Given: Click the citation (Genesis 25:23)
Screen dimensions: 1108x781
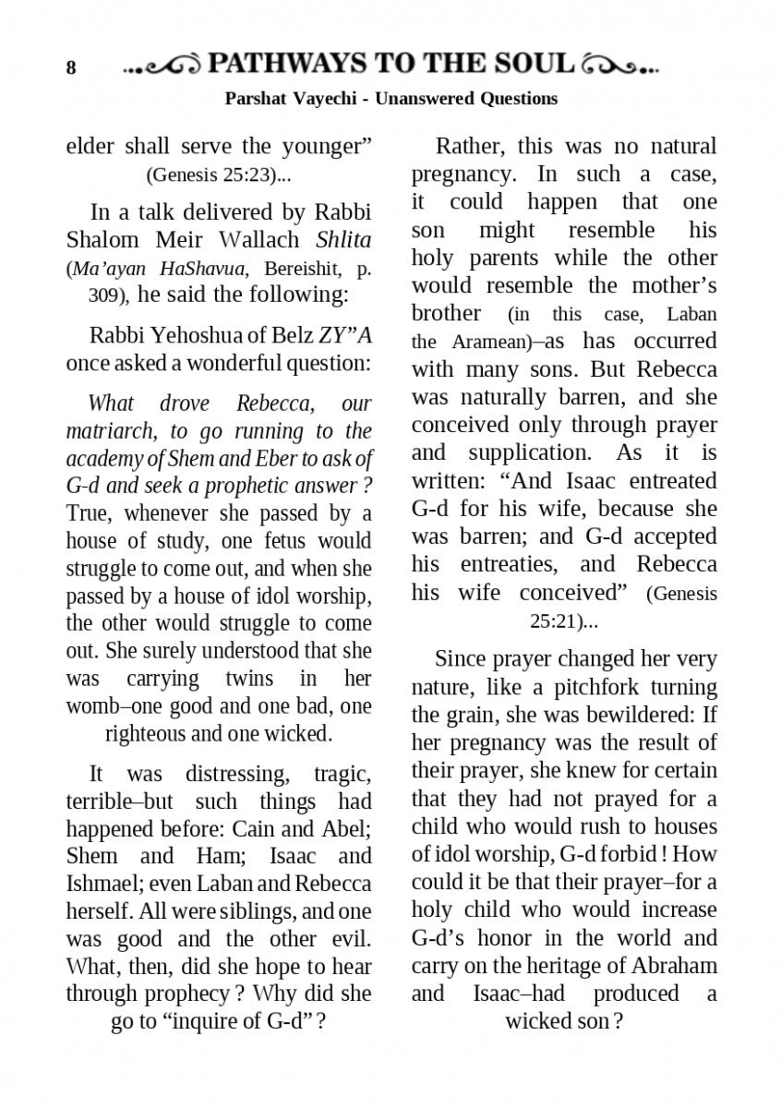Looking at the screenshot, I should tap(219, 174).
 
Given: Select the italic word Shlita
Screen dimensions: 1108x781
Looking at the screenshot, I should tap(343, 240).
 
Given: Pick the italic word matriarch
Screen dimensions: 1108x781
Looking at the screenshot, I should tap(111, 430).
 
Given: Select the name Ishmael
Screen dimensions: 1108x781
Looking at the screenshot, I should tap(102, 883).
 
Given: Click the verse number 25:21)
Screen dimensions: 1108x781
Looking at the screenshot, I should tap(563, 621).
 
